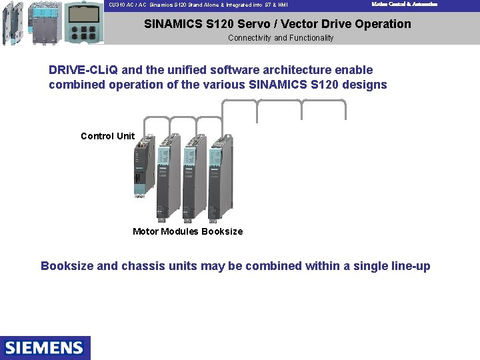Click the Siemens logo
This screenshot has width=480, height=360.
pos(45,347)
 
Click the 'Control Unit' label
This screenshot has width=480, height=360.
pos(107,136)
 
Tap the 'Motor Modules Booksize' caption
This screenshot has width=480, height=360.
pos(187,231)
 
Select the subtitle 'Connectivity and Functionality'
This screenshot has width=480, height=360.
pos(281,38)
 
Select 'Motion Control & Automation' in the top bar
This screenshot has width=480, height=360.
pos(404,4)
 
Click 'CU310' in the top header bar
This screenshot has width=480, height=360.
pos(117,5)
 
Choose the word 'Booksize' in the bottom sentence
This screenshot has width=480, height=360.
pos(67,266)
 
